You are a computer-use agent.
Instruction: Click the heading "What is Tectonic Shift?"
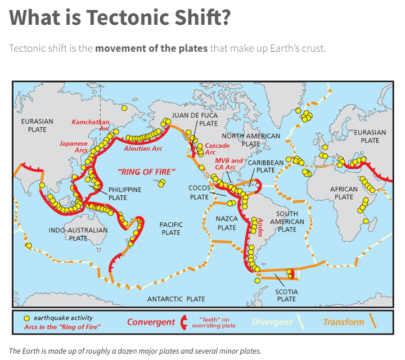click(x=120, y=18)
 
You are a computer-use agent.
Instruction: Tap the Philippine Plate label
click(x=125, y=194)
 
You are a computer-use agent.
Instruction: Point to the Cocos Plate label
click(x=199, y=192)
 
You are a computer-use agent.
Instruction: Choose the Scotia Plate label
click(x=286, y=295)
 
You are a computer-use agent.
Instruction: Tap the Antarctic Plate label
click(x=176, y=299)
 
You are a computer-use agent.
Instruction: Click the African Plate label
click(x=344, y=193)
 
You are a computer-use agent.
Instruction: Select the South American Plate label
click(x=287, y=222)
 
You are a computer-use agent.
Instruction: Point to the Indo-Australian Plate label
click(x=78, y=234)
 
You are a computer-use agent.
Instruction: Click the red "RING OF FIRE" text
click(x=147, y=172)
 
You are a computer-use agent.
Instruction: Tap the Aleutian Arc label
click(x=143, y=148)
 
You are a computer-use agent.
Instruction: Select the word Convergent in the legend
click(x=151, y=322)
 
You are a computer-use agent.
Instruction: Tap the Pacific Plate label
click(x=171, y=228)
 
